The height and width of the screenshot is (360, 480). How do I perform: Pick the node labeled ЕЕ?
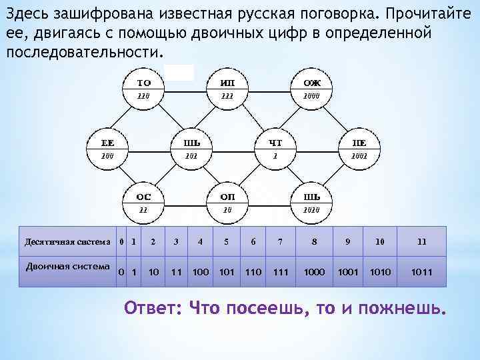point(107,148)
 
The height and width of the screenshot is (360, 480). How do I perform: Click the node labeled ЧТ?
point(275,148)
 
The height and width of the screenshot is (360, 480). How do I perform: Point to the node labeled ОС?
point(143,203)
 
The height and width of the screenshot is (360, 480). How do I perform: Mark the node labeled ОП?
point(227,203)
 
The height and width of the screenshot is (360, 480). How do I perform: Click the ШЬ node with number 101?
point(192,148)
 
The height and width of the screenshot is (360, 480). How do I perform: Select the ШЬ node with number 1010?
point(311,203)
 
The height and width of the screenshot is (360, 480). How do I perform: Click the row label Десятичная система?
point(67,241)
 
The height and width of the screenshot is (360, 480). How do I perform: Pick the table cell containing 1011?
point(421,272)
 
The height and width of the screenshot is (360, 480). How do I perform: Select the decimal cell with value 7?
point(281,241)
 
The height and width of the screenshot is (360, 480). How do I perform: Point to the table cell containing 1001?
point(347,272)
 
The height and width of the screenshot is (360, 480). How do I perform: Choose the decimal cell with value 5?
point(227,241)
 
